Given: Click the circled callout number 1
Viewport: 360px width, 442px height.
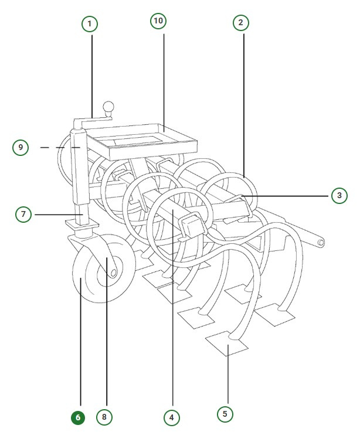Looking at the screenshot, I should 90,24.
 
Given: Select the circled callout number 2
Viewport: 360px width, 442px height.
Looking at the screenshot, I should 240,23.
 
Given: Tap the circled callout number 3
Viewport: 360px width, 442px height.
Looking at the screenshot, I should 339,195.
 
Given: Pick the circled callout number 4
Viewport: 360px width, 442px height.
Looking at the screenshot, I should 171,417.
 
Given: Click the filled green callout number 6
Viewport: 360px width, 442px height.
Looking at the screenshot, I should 78,418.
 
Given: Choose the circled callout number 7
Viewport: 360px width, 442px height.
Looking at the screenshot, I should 23,215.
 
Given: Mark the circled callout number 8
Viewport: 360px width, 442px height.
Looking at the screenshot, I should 104,417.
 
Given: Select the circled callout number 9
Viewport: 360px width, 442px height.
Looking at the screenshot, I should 21,147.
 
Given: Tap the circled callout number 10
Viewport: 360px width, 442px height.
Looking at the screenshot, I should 158,21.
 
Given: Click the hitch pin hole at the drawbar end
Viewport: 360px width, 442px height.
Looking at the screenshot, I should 321,242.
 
